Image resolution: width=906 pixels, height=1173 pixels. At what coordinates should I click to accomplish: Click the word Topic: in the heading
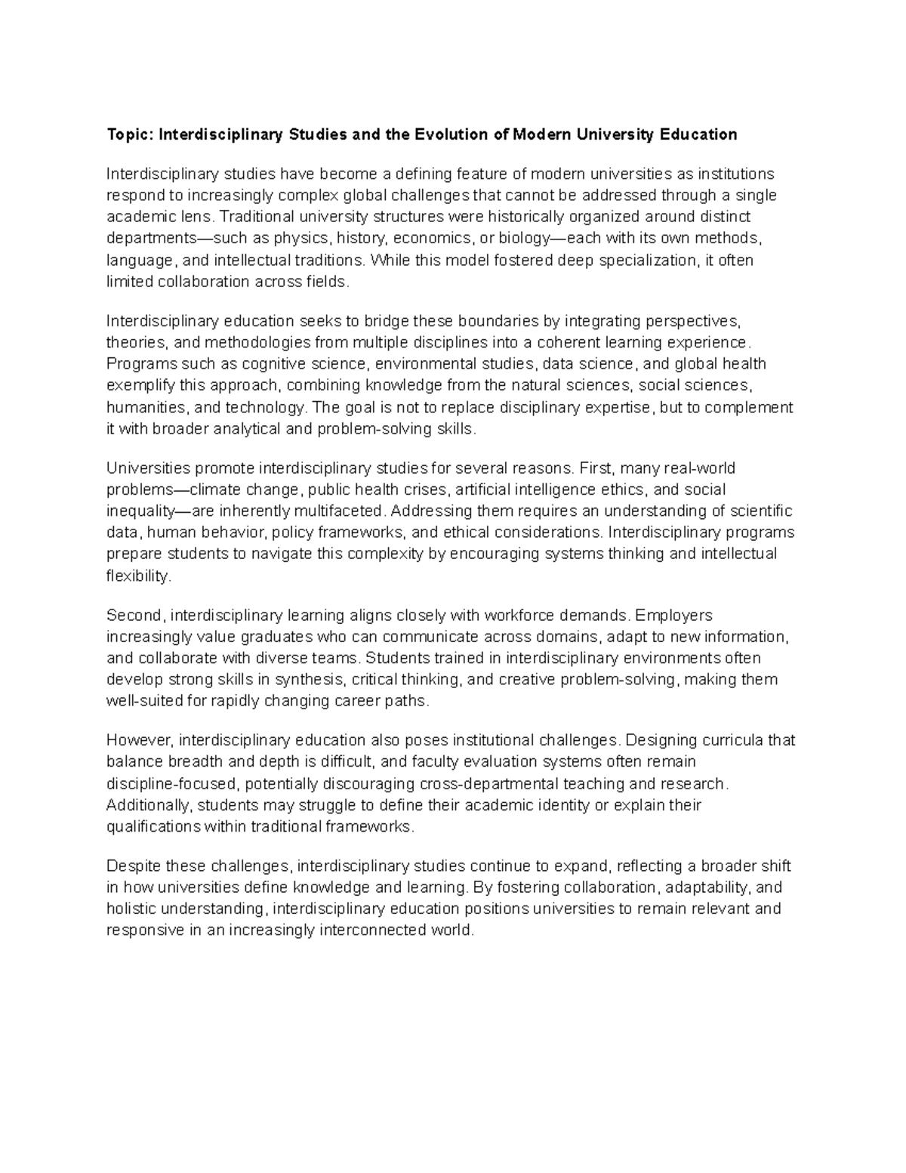130,135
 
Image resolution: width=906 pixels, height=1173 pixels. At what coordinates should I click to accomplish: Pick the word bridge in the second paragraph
385,321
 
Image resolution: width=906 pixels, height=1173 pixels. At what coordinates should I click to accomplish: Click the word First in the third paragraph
597,468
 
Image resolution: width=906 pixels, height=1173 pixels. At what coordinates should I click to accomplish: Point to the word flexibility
138,576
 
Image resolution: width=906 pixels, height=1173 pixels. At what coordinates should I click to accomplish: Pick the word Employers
674,615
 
